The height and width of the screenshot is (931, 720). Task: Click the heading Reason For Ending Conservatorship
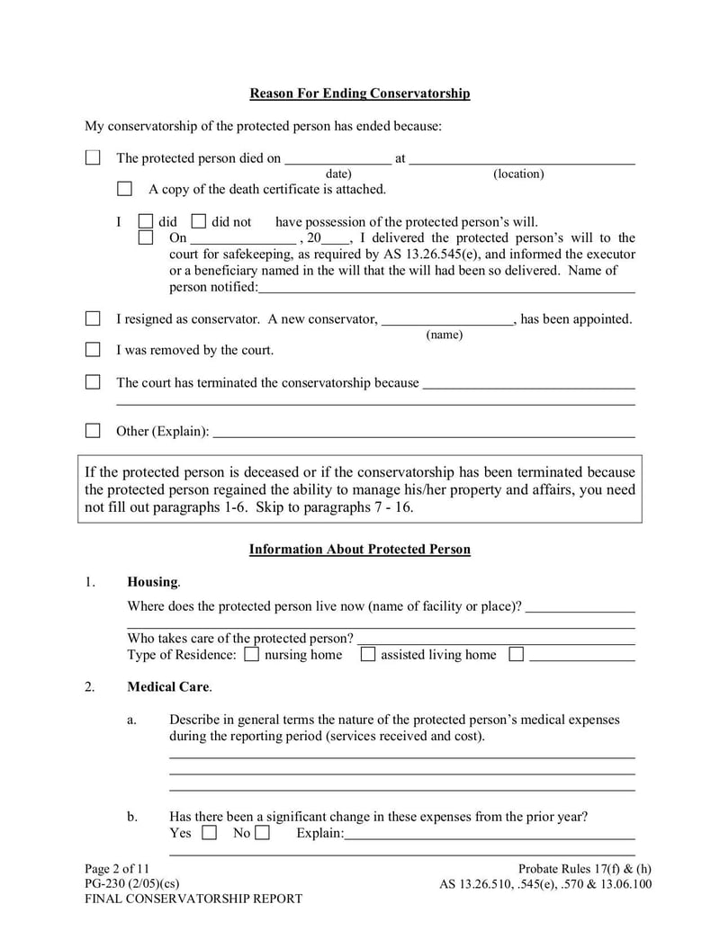click(x=359, y=94)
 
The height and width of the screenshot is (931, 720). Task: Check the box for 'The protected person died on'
click(x=93, y=158)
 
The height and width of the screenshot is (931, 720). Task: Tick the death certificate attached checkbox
click(x=125, y=189)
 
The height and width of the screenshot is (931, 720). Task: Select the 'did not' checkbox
click(x=199, y=221)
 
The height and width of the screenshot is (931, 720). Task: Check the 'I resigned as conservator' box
click(x=93, y=318)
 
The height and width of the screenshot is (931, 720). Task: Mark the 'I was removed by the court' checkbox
click(x=93, y=350)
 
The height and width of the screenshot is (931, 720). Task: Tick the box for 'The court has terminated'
click(x=93, y=382)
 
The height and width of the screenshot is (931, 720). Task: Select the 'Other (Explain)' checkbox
click(x=93, y=431)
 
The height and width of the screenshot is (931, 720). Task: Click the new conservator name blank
click(x=446, y=318)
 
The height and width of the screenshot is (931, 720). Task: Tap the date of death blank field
click(x=337, y=158)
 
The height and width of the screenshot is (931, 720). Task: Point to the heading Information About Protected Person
click(x=359, y=550)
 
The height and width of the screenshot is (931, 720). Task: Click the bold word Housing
click(x=152, y=582)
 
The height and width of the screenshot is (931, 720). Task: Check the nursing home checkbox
click(x=252, y=655)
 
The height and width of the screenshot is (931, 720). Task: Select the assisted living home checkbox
click(x=368, y=655)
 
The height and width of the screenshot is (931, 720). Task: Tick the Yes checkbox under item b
click(x=209, y=833)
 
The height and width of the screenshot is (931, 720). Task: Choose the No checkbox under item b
click(x=262, y=833)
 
